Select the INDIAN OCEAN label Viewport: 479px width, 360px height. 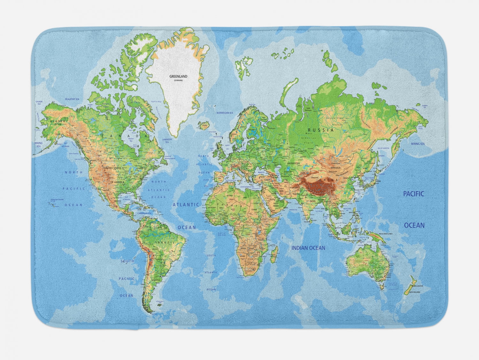tap(308, 248)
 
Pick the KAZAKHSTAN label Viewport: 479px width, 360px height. tap(293, 163)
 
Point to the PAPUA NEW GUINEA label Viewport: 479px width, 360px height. tap(388, 234)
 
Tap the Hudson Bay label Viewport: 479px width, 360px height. tap(131, 139)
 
